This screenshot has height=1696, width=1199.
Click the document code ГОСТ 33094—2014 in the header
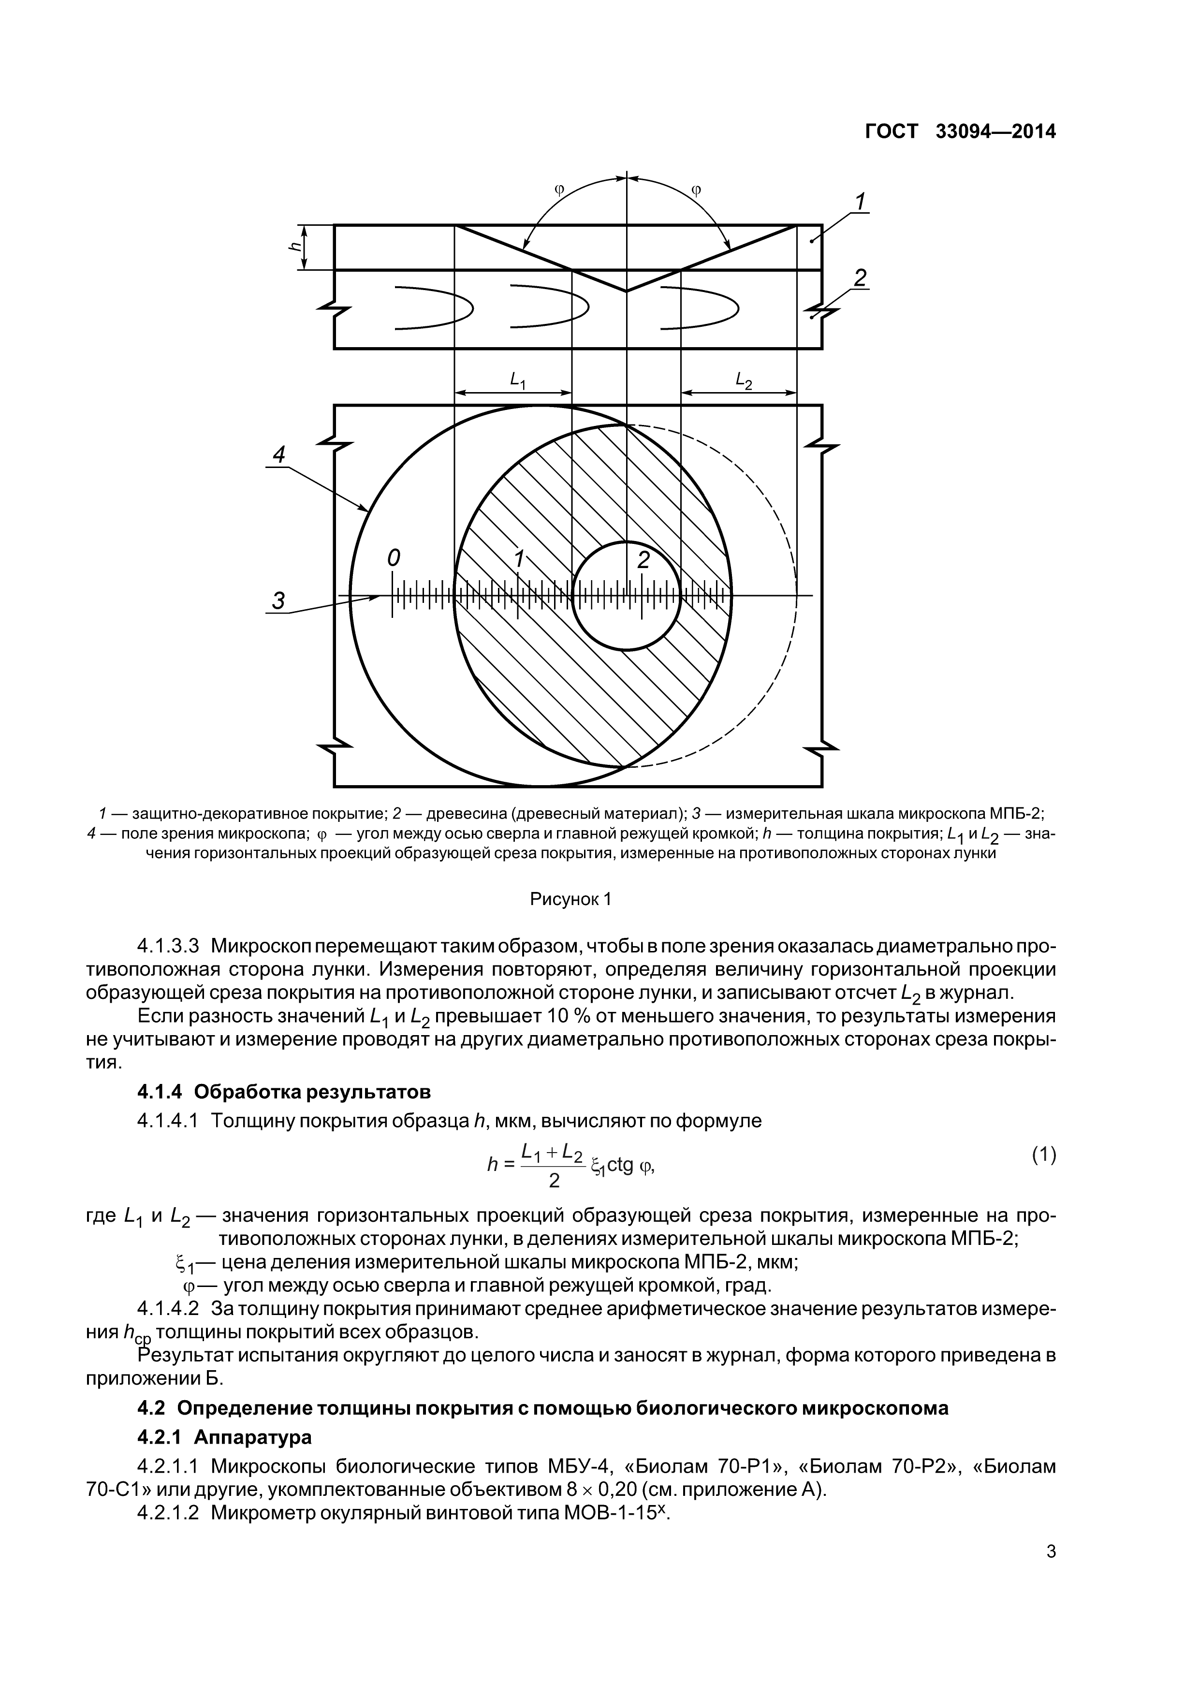(x=960, y=132)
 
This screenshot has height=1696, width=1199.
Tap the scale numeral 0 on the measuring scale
(x=394, y=559)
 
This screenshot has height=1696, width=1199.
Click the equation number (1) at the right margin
(x=1043, y=1155)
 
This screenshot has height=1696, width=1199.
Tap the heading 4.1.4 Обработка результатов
(x=284, y=1091)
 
